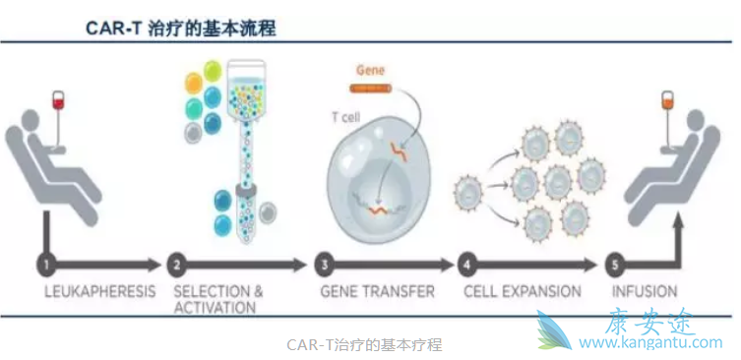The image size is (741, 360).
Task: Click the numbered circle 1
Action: point(46,264)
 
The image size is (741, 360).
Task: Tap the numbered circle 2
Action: point(177,264)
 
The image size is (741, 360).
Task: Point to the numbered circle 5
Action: point(617,264)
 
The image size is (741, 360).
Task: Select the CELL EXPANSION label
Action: point(522,292)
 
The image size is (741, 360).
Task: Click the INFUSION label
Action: point(645,292)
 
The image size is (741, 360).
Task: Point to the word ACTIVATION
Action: point(215,308)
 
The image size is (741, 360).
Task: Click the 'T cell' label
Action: point(344,116)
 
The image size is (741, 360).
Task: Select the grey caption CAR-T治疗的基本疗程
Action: point(364,344)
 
